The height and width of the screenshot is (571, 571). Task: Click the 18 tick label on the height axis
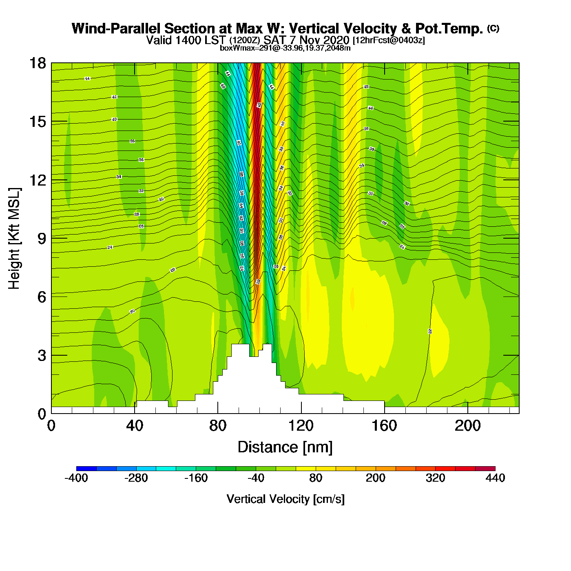[37, 63]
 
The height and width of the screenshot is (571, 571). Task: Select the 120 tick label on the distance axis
[301, 426]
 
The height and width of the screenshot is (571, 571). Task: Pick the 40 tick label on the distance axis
[135, 426]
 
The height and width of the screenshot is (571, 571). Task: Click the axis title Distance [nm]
[285, 447]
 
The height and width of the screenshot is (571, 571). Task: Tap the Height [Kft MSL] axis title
[14, 239]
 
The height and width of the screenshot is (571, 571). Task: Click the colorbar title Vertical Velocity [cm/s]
[285, 499]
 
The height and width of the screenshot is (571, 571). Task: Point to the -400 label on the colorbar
[76, 478]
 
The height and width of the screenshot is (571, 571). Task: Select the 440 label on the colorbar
[495, 478]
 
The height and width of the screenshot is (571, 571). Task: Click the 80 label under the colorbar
[316, 478]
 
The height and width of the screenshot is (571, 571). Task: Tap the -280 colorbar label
[136, 478]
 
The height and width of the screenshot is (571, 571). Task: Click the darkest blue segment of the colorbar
[86, 469]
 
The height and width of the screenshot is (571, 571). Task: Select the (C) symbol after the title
[493, 28]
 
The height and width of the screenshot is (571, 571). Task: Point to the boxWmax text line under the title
[285, 48]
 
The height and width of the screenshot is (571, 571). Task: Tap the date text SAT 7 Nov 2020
[306, 40]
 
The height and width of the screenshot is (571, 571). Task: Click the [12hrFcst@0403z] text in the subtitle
[389, 40]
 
